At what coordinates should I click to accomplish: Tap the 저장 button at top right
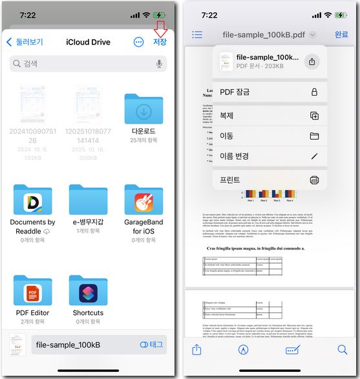tap(159, 42)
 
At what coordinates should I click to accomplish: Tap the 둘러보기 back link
tap(25, 42)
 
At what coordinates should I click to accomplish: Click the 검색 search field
tap(84, 63)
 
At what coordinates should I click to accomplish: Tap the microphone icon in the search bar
tap(159, 63)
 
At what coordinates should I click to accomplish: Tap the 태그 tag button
tap(152, 345)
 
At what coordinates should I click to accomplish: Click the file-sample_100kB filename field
tap(78, 345)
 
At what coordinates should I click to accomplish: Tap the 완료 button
tap(341, 34)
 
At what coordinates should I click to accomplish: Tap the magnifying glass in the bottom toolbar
tap(342, 350)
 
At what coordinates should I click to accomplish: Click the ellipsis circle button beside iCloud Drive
tap(138, 42)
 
